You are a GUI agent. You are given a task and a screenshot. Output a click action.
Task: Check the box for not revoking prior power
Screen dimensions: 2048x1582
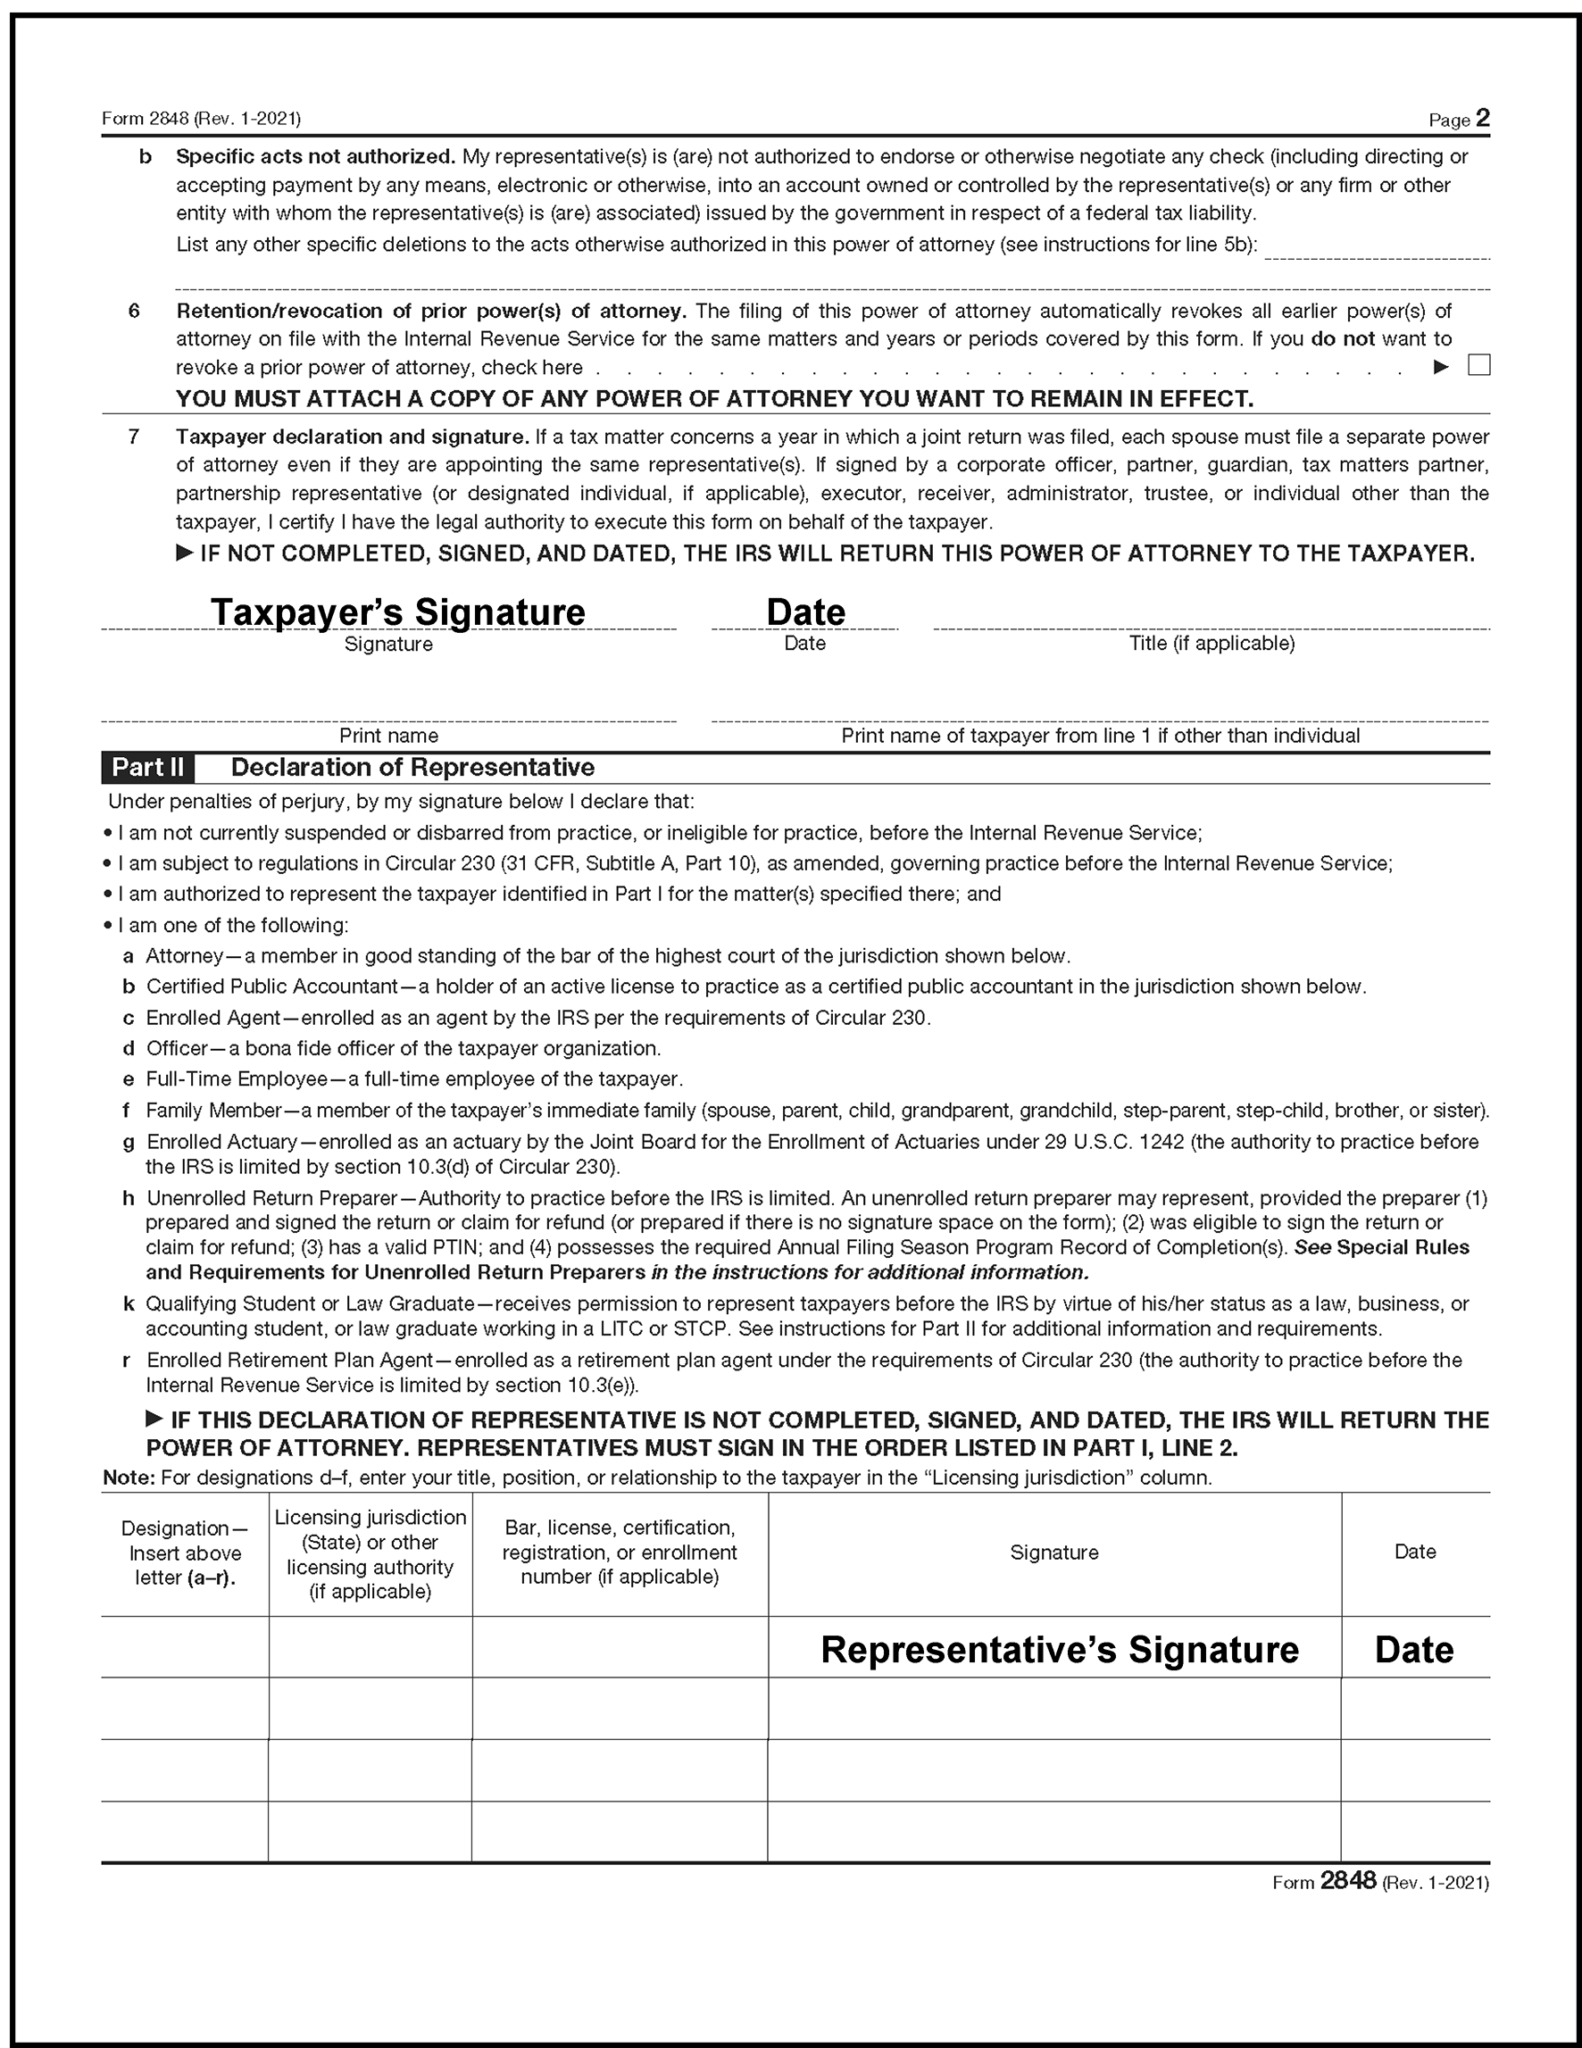tap(1478, 365)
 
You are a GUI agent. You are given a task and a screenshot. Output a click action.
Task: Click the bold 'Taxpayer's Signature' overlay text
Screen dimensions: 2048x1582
tap(397, 612)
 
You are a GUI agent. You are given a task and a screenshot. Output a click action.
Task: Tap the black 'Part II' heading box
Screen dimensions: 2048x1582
tap(148, 767)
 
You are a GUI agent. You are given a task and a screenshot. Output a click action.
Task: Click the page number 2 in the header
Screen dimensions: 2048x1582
tap(1482, 118)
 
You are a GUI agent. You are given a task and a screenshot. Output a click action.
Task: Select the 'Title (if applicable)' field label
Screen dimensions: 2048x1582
tap(1211, 644)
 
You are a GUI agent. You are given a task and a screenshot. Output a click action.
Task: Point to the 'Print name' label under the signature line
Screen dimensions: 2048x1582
tap(388, 735)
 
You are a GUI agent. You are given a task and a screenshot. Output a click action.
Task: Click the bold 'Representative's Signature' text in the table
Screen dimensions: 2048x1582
tap(1059, 1650)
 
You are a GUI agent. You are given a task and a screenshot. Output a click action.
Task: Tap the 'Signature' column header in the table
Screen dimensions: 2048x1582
tap(1054, 1552)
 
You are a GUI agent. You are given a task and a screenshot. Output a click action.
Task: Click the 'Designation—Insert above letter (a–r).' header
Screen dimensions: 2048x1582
tap(185, 1553)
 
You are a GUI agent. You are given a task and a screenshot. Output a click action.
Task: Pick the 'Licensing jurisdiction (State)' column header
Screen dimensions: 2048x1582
tap(371, 1553)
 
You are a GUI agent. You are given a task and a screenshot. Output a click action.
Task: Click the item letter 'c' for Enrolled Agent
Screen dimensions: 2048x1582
tap(129, 1019)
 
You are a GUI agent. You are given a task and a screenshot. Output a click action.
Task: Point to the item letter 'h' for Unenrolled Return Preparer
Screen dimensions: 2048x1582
tap(129, 1198)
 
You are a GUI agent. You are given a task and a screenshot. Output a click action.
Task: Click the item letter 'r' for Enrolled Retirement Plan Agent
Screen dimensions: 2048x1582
tap(127, 1361)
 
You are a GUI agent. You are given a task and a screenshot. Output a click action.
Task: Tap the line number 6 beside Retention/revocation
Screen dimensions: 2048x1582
tap(134, 312)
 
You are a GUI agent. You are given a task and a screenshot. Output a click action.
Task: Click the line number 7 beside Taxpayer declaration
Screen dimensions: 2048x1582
tap(134, 437)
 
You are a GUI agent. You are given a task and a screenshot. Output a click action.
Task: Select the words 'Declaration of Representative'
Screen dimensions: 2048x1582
tap(412, 767)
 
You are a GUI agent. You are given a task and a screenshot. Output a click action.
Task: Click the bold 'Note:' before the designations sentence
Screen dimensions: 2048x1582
tap(129, 1478)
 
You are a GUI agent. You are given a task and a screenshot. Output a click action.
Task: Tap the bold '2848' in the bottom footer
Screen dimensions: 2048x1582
tap(1347, 1880)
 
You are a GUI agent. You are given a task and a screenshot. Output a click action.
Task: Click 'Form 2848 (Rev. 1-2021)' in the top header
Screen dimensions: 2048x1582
tap(201, 119)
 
